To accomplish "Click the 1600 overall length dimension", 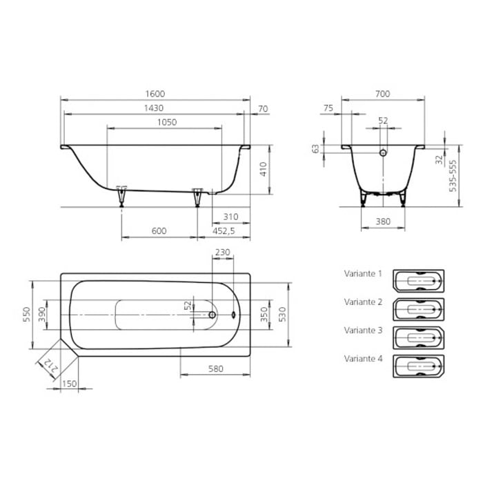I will tap(155, 94).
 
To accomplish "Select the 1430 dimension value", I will tap(155, 108).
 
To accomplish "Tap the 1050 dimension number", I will tap(165, 122).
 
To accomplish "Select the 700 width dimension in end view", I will tap(383, 94).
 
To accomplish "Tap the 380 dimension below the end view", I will tap(383, 221).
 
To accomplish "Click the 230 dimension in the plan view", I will tap(222, 253).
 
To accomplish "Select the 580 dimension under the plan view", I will tap(216, 368).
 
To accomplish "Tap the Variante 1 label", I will tap(363, 273).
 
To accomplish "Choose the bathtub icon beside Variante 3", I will tap(418, 336).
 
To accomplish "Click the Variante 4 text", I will tap(363, 359).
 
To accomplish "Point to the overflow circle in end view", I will tap(384, 152).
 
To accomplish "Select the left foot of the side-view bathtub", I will tap(122, 196).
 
